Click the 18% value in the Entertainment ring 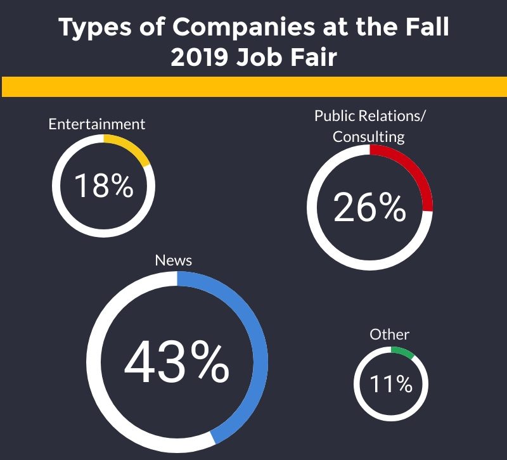pos(103,186)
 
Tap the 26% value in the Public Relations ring pos(369,207)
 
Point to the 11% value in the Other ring pos(391,384)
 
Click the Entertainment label pos(97,124)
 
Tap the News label pos(174,260)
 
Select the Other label pos(390,335)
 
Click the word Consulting pos(369,136)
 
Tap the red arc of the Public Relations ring pos(415,170)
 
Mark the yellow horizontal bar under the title pos(253,87)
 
